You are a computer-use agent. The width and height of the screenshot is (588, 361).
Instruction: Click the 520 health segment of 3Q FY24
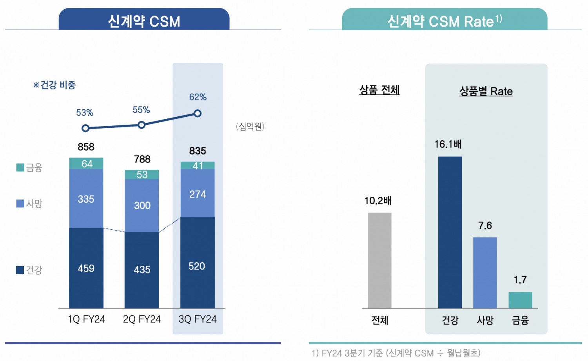pyautogui.click(x=197, y=263)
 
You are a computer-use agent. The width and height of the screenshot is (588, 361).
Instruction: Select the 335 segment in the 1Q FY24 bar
pyautogui.click(x=86, y=198)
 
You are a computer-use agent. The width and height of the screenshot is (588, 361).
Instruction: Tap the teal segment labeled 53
pyautogui.click(x=142, y=174)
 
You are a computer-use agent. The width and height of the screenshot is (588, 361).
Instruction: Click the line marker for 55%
pyautogui.click(x=142, y=125)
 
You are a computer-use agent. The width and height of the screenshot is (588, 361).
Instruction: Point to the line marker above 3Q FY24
pyautogui.click(x=198, y=113)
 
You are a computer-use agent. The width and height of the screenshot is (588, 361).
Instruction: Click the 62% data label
pyautogui.click(x=198, y=97)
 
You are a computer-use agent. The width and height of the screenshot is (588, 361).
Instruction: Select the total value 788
pyautogui.click(x=142, y=159)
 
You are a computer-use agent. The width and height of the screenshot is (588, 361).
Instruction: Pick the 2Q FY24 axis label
pyautogui.click(x=142, y=319)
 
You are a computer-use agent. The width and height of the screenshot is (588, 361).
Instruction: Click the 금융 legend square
pyautogui.click(x=20, y=168)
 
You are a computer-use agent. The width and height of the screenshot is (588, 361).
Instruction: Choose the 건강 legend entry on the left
pyautogui.click(x=29, y=270)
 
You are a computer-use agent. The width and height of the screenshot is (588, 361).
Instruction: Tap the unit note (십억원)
pyautogui.click(x=250, y=126)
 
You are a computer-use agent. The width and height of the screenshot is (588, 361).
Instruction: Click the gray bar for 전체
pyautogui.click(x=379, y=260)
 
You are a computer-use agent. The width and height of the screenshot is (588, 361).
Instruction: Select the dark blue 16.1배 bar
pyautogui.click(x=450, y=232)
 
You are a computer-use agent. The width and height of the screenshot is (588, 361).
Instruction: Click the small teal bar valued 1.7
pyautogui.click(x=520, y=300)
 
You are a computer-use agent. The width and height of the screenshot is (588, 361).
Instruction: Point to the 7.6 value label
pyautogui.click(x=485, y=225)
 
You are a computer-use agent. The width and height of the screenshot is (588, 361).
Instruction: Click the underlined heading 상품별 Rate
pyautogui.click(x=486, y=91)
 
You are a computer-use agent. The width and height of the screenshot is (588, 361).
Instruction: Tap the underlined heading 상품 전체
pyautogui.click(x=379, y=90)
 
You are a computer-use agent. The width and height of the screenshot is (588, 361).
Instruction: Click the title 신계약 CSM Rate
pyautogui.click(x=444, y=21)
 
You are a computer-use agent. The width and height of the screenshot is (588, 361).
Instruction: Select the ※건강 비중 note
pyautogui.click(x=54, y=85)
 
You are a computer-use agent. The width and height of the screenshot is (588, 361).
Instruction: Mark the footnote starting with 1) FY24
pyautogui.click(x=396, y=353)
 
